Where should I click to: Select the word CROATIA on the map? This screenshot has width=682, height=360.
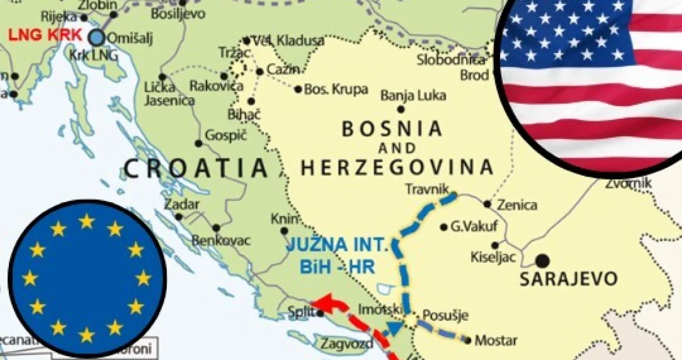196,168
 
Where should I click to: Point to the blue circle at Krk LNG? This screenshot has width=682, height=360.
97,38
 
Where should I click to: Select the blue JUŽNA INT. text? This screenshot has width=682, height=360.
340,244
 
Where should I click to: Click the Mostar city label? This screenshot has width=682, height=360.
496,340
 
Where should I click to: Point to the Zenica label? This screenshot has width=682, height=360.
517,205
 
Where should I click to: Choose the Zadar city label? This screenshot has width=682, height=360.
181,204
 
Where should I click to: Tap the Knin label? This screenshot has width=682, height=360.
281,219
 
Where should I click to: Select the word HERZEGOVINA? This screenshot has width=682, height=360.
396,167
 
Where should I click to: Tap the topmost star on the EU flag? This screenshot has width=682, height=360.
86,221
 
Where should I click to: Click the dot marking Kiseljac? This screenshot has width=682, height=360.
495,245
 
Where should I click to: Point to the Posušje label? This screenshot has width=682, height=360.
445,316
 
